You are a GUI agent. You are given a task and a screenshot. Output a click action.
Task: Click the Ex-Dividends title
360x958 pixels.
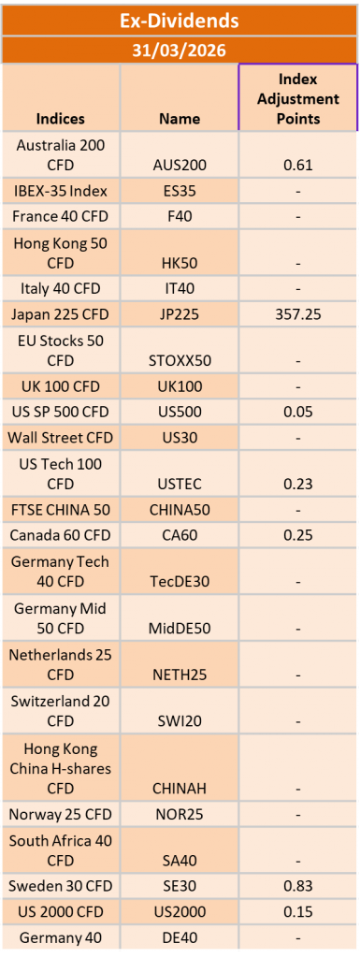point(180,20)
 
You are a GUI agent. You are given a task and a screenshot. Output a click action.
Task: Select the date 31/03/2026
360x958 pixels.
point(180,49)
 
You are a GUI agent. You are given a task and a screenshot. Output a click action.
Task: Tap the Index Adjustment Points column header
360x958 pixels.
point(298,97)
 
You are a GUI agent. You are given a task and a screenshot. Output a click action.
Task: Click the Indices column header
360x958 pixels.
point(61,119)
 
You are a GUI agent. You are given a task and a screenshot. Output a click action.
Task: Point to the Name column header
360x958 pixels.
point(180,119)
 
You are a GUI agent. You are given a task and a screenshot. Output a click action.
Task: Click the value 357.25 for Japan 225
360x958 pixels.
point(298,313)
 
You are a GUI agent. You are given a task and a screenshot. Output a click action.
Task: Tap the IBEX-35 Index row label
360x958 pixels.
point(61,191)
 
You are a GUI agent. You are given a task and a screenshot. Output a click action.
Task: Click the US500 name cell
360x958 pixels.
point(180,411)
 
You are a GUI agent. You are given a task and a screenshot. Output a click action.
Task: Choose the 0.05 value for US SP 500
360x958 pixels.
point(298,411)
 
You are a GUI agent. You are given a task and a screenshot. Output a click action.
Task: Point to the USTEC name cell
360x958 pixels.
point(180,484)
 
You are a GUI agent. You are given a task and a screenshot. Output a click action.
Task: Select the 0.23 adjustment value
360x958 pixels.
point(298,484)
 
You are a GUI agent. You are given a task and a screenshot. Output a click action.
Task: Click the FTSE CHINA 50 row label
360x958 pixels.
point(61,510)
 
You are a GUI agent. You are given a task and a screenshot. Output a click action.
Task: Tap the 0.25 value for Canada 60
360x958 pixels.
point(298,535)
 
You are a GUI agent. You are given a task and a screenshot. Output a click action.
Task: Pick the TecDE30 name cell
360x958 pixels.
point(180,581)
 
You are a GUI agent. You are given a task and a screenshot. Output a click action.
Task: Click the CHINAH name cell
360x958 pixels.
point(180,789)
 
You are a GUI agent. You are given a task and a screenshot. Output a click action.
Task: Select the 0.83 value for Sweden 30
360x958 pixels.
point(298,886)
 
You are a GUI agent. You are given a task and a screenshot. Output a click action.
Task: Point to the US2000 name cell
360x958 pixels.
point(180,911)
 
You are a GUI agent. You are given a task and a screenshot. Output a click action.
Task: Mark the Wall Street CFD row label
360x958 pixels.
point(61,436)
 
